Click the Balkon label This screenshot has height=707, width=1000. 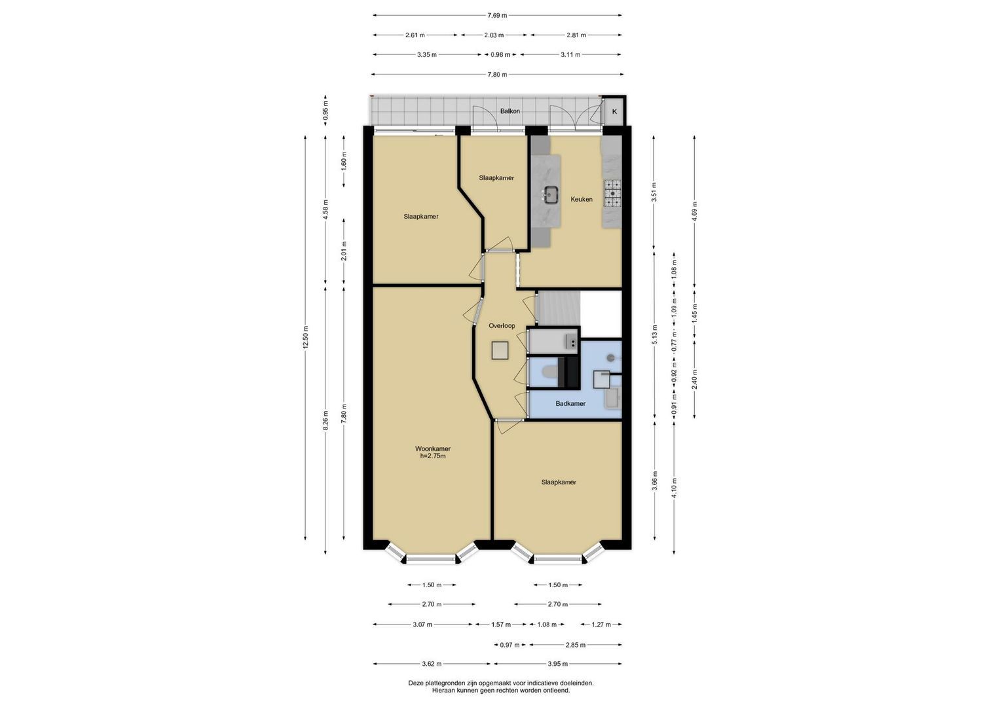509,111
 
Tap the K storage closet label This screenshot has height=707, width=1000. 614,111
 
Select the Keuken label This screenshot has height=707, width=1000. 582,199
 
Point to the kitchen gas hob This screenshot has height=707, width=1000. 612,193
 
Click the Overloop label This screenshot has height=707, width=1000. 502,326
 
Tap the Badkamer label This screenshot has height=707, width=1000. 570,403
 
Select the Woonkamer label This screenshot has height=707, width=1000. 433,448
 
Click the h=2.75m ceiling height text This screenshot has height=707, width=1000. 433,456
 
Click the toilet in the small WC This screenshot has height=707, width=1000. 547,372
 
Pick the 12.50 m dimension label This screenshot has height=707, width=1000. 305,338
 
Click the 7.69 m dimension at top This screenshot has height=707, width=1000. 497,15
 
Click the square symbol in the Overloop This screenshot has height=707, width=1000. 500,350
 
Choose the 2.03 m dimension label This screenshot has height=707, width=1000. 494,35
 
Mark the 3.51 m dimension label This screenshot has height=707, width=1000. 654,192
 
